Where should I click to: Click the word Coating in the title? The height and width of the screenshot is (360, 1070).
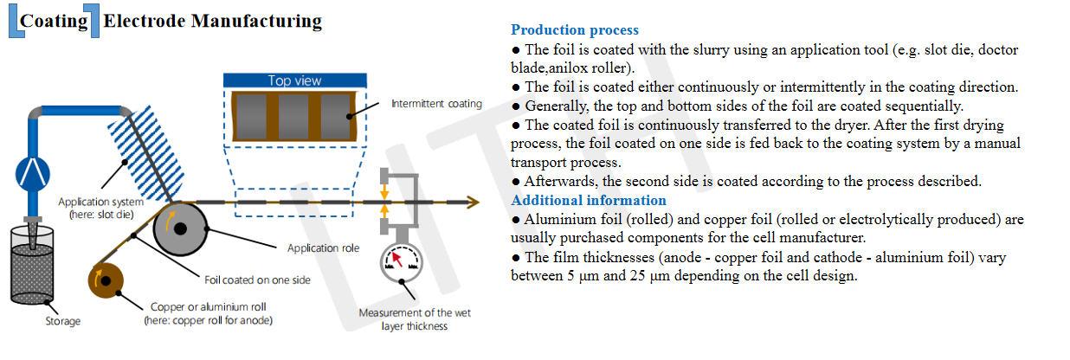pyautogui.click(x=54, y=21)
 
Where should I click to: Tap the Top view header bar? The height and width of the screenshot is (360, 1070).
pyautogui.click(x=294, y=80)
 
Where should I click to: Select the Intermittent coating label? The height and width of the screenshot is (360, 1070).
pyautogui.click(x=436, y=104)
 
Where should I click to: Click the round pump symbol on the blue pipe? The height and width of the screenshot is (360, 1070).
pyautogui.click(x=33, y=174)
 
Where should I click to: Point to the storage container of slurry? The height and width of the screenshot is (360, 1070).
pyautogui.click(x=32, y=265)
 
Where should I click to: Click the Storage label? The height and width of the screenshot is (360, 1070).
pyautogui.click(x=63, y=321)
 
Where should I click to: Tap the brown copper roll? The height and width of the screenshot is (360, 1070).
pyautogui.click(x=106, y=280)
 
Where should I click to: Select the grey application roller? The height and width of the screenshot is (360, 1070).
pyautogui.click(x=180, y=229)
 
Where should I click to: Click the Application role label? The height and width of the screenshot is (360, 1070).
pyautogui.click(x=323, y=247)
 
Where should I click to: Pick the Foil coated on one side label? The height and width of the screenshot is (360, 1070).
pyautogui.click(x=257, y=280)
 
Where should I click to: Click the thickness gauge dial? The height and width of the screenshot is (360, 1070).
pyautogui.click(x=402, y=262)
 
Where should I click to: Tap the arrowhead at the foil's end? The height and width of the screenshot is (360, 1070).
pyautogui.click(x=473, y=202)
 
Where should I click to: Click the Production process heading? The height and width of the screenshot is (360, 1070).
pyautogui.click(x=575, y=29)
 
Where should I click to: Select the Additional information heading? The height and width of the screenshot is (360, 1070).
pyautogui.click(x=589, y=200)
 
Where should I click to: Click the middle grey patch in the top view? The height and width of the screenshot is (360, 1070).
pyautogui.click(x=293, y=117)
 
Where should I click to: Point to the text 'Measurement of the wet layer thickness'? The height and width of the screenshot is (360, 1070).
pyautogui.click(x=415, y=319)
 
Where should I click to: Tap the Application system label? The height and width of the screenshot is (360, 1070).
pyautogui.click(x=100, y=209)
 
